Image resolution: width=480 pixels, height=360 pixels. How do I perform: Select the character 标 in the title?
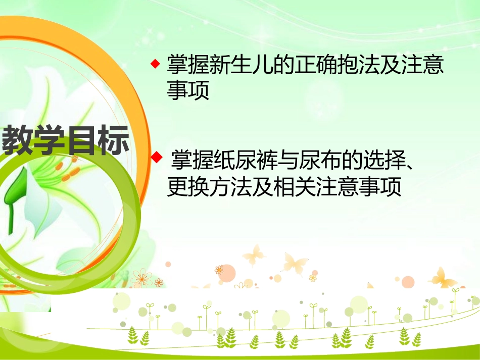coord(113,140)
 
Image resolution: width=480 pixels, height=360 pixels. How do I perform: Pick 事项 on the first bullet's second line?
coord(188,91)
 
